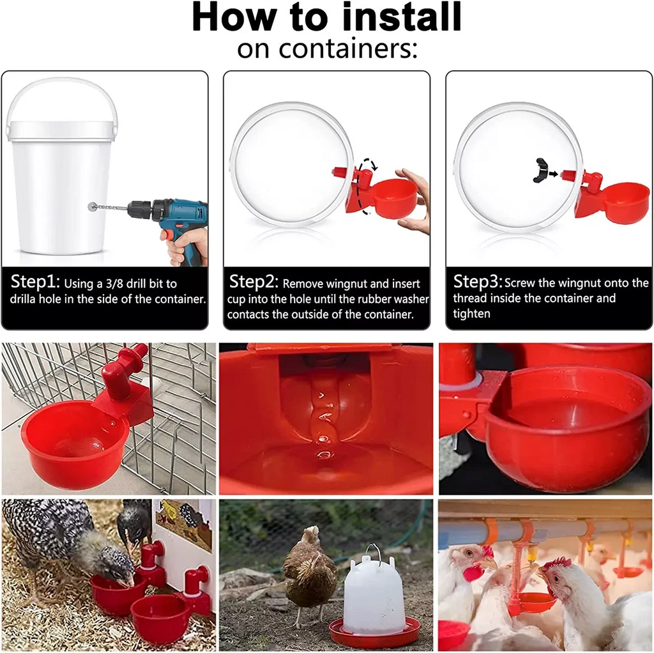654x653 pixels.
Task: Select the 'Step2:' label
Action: [254, 281]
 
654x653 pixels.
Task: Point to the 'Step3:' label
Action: [477, 281]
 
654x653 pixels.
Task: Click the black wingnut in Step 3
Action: [542, 170]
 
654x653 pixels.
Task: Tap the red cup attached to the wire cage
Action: [73, 441]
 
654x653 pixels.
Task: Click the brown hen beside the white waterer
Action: [310, 572]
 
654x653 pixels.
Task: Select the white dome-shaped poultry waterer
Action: [374, 594]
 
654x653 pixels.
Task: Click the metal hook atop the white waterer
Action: [374, 551]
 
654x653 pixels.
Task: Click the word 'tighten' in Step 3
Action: [471, 314]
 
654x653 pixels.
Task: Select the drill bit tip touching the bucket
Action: [93, 206]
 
